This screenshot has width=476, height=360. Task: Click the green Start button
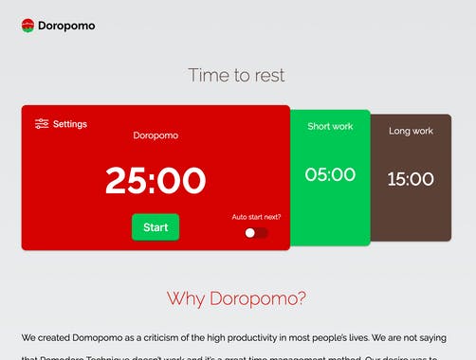click(x=155, y=227)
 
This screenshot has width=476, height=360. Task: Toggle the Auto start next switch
click(x=255, y=232)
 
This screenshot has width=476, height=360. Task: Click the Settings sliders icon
click(x=42, y=123)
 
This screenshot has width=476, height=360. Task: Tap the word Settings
click(x=70, y=124)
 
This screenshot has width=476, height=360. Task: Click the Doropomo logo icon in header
click(x=27, y=26)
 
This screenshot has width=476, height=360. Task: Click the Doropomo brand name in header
click(x=66, y=27)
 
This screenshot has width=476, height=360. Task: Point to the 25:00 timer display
click(x=155, y=180)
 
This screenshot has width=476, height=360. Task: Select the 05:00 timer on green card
click(x=330, y=174)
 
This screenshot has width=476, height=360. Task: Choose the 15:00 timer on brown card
click(x=411, y=179)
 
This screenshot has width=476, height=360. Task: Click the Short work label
click(x=330, y=126)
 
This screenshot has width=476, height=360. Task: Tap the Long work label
click(x=411, y=131)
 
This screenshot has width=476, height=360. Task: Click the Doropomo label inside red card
click(x=155, y=135)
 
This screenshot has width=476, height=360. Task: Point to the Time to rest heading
click(x=236, y=75)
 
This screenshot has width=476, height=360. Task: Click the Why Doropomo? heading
click(x=236, y=298)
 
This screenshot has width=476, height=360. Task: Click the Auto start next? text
click(x=256, y=217)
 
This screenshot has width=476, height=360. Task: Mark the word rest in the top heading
click(x=266, y=75)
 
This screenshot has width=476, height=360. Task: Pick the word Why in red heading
click(x=186, y=298)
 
